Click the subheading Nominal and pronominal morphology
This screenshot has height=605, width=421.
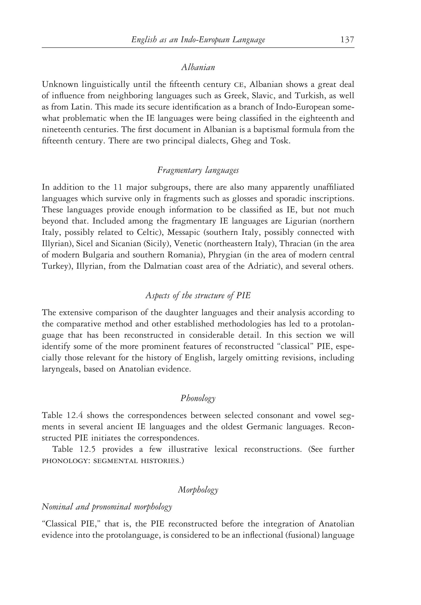[107, 507]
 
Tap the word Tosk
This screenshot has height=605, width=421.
[280, 141]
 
